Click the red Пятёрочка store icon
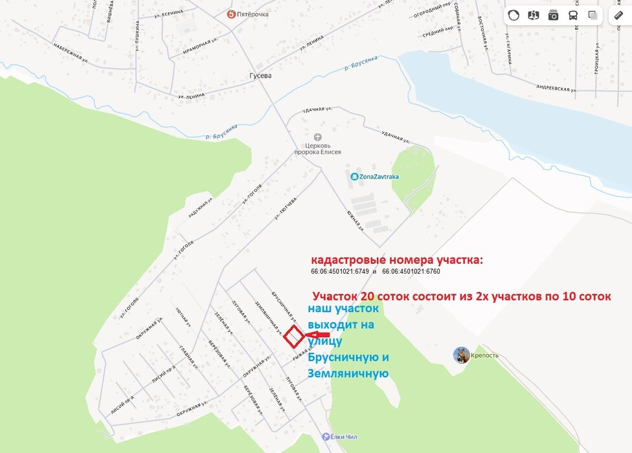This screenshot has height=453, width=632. pyautogui.click(x=231, y=14)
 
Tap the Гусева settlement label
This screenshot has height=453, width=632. pyautogui.click(x=260, y=75)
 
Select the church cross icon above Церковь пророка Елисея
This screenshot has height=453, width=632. pyautogui.click(x=317, y=137)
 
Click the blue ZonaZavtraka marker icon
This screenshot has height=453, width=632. pyautogui.click(x=354, y=176)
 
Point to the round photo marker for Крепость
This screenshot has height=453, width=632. pyautogui.click(x=462, y=355)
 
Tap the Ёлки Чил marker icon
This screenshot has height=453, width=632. pyautogui.click(x=324, y=437)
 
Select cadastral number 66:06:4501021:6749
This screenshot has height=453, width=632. pyautogui.click(x=340, y=272)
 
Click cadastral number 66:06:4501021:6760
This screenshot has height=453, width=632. pyautogui.click(x=411, y=272)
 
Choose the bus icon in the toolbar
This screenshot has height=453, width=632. pyautogui.click(x=573, y=16)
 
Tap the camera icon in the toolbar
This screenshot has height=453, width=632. pyautogui.click(x=553, y=16)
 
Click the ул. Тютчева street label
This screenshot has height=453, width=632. pyautogui.click(x=286, y=208)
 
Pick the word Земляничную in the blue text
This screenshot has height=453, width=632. pyautogui.click(x=348, y=373)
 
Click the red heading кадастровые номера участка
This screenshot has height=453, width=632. pyautogui.click(x=397, y=260)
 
